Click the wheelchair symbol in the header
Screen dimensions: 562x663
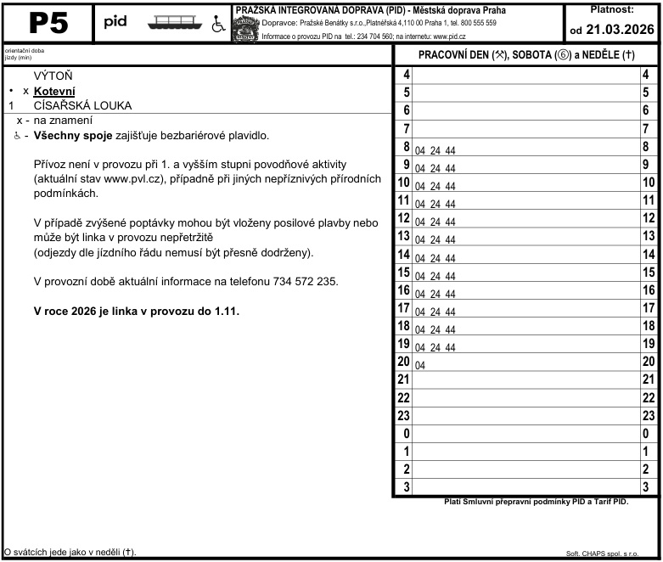[216, 24]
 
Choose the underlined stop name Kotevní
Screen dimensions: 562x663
[55, 91]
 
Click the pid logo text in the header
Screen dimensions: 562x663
[115, 22]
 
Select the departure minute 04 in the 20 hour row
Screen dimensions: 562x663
[420, 365]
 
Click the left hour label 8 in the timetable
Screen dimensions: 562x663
[407, 147]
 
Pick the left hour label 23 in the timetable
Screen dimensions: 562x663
[404, 416]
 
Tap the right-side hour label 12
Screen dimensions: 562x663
[649, 219]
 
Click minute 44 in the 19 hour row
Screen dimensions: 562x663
[450, 347]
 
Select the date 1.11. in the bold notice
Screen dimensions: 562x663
[224, 312]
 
